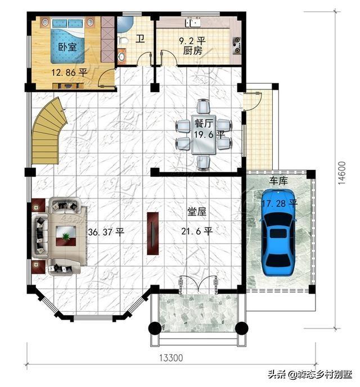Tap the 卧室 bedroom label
tap(67, 47)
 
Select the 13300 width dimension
tap(171, 358)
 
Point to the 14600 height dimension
tap(341, 173)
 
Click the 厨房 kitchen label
tap(193, 51)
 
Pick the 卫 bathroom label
tap(140, 39)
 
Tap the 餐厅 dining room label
tap(204, 123)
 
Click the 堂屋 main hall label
tap(197, 211)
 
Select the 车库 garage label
tap(278, 181)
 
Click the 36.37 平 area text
tap(106, 232)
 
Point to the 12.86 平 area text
tap(69, 73)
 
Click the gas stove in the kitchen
tap(237, 46)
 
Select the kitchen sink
tap(193, 22)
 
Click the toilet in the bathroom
tap(123, 40)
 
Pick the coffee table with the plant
tap(66, 236)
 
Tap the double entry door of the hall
tap(199, 285)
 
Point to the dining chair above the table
tap(203, 106)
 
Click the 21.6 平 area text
tap(197, 232)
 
